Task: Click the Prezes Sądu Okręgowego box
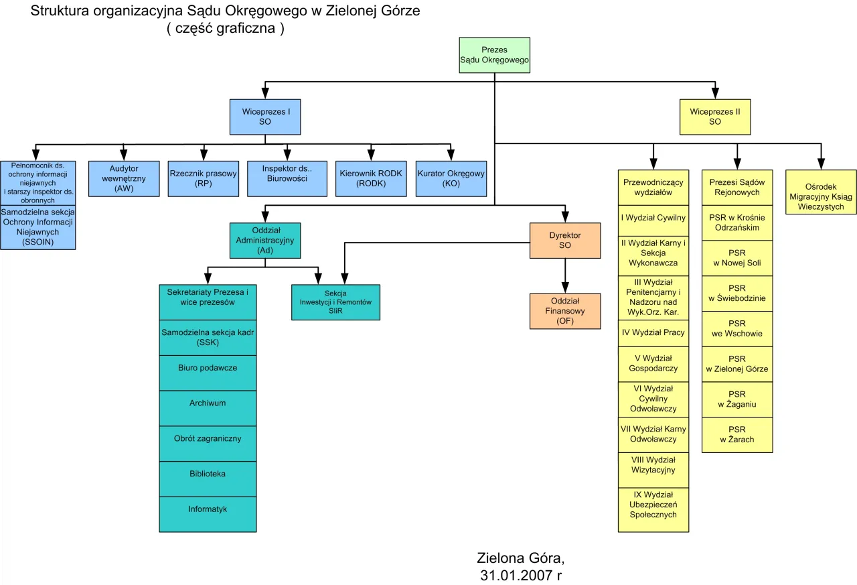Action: coord(494,55)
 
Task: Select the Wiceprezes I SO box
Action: coord(265,117)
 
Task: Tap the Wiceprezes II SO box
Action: coord(715,117)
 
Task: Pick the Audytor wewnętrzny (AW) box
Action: coord(124,178)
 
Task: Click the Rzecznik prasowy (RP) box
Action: coord(204,178)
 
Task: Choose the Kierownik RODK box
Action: coord(371,178)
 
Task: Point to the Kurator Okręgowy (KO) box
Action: coord(451,178)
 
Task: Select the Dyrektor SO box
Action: coord(565,241)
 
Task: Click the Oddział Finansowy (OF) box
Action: coord(565,311)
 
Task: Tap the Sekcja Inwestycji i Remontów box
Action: coord(335,302)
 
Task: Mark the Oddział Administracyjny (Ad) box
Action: coord(265,241)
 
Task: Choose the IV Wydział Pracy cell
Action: coord(653,333)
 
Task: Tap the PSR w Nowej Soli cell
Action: coord(736,258)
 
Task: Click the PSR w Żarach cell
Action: coord(736,434)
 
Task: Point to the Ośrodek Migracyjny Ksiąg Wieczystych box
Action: coord(821,192)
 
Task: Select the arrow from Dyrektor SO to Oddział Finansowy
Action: coord(565,275)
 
